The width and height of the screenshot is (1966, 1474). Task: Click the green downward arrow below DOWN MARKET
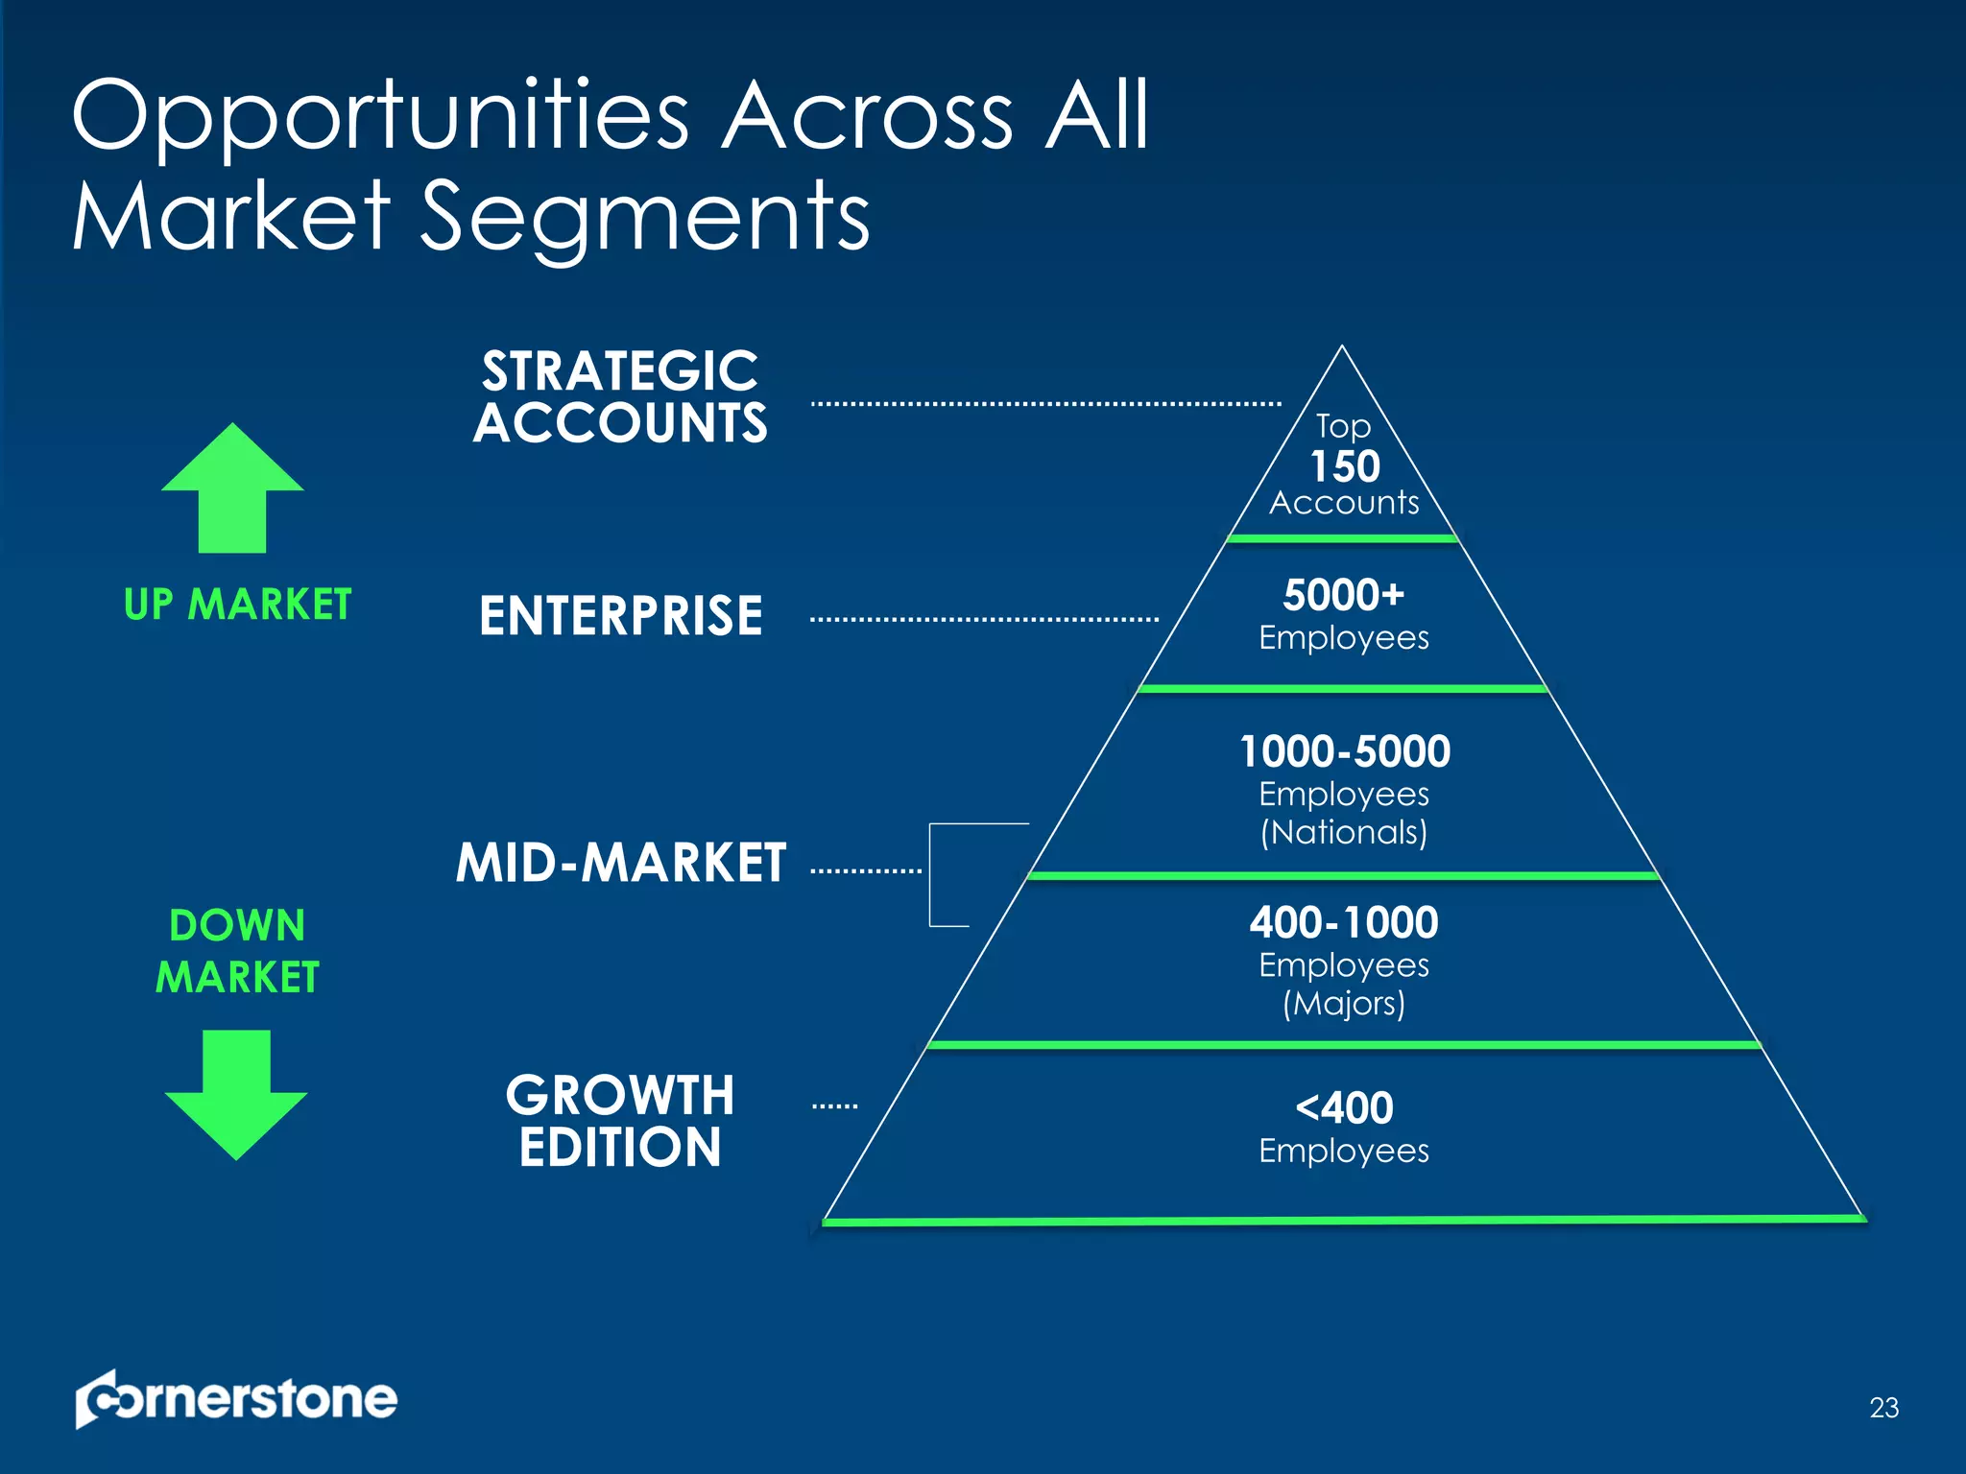click(x=236, y=1094)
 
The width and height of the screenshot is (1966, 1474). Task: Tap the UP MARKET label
click(x=237, y=605)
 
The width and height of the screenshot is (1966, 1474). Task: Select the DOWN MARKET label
click(x=237, y=951)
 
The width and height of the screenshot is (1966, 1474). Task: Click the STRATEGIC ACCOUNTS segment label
click(x=620, y=396)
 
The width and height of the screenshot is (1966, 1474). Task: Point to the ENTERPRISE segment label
click(x=620, y=615)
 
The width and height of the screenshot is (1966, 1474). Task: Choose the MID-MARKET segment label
click(x=620, y=862)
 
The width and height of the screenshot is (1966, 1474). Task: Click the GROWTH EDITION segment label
click(x=620, y=1121)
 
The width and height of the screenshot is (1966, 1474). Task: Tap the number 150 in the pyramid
click(x=1345, y=466)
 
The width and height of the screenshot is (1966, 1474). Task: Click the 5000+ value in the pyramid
click(x=1343, y=595)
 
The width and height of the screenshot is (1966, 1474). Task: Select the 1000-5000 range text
click(x=1344, y=751)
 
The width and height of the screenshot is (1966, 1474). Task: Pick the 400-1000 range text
click(x=1343, y=922)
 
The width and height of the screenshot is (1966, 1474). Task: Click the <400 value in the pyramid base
click(x=1344, y=1108)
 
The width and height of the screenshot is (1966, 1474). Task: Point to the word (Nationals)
click(x=1344, y=832)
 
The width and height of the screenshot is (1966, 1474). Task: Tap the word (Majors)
click(x=1344, y=1004)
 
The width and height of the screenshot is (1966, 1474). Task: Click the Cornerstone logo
click(x=236, y=1399)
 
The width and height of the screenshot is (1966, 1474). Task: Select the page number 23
click(x=1883, y=1408)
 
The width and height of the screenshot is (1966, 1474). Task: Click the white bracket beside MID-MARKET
click(x=931, y=873)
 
